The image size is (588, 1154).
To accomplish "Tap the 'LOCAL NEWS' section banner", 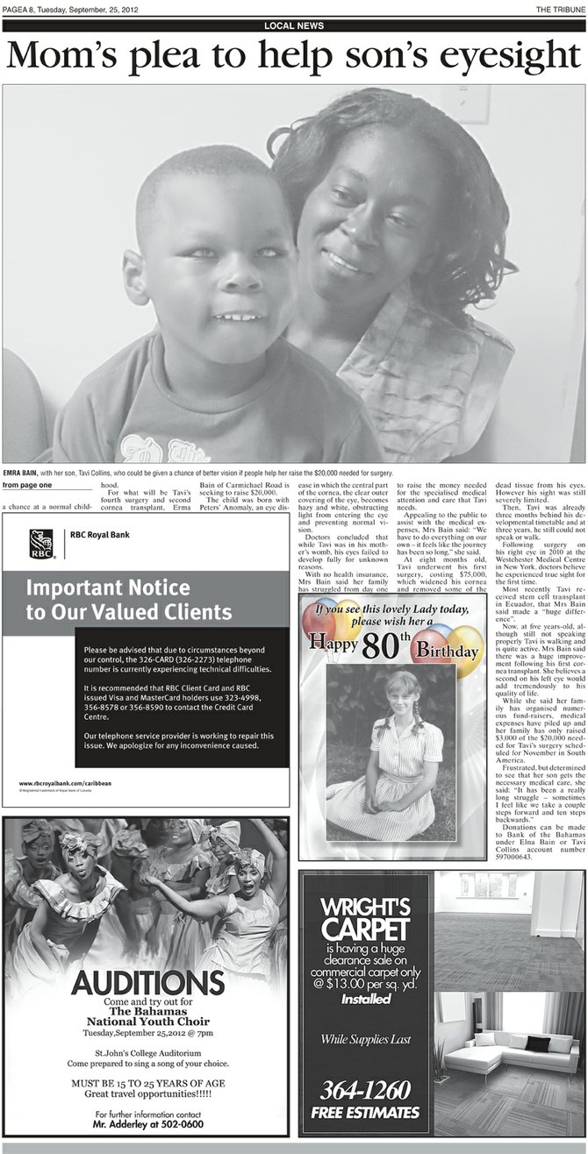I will click(293, 26).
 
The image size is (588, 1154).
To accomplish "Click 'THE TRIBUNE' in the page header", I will click(559, 9).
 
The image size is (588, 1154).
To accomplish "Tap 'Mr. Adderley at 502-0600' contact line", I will click(146, 1124).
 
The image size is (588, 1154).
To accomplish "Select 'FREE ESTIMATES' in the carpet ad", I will click(364, 1113).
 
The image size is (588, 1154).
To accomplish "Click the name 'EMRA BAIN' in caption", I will click(20, 473).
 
